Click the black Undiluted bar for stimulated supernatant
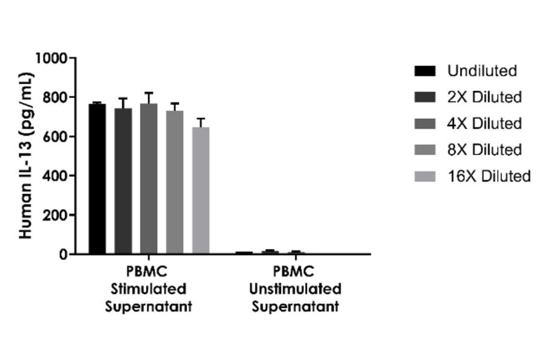97,179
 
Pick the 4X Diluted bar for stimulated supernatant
149,179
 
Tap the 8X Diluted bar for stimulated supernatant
175,182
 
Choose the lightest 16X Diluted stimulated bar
201,190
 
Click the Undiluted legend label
482,71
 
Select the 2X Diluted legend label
484,97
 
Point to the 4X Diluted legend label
484,123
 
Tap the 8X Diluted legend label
484,150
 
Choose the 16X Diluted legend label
489,176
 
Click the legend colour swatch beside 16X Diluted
425,176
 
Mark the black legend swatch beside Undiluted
425,72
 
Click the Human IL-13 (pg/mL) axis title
25,156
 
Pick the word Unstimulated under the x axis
296,288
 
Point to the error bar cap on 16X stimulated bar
201,118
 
